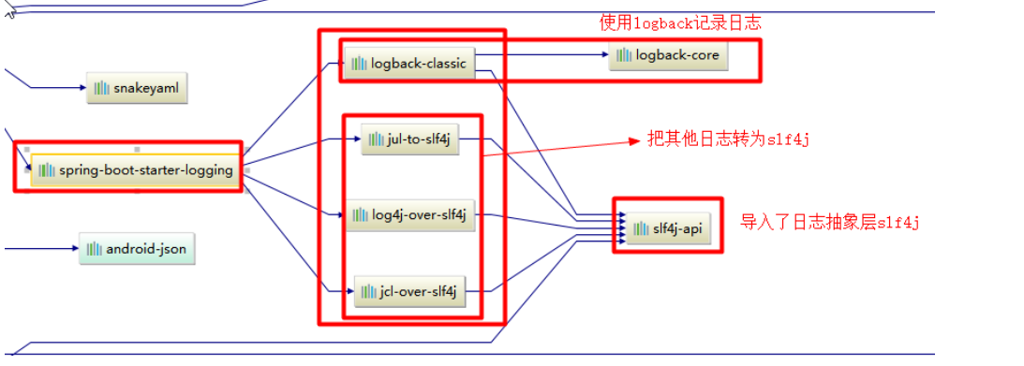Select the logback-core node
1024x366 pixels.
point(668,56)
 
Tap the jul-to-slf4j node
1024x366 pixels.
point(410,140)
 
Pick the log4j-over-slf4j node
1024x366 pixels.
point(409,215)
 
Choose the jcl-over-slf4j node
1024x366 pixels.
point(409,292)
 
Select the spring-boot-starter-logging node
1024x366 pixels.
point(135,170)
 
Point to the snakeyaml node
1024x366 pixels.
point(137,88)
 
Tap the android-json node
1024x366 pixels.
point(137,249)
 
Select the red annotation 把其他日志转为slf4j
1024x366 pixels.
point(727,139)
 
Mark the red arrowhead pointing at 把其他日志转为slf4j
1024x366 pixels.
point(633,141)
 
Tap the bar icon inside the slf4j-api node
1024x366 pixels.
point(641,228)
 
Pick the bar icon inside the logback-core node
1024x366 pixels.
point(625,56)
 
